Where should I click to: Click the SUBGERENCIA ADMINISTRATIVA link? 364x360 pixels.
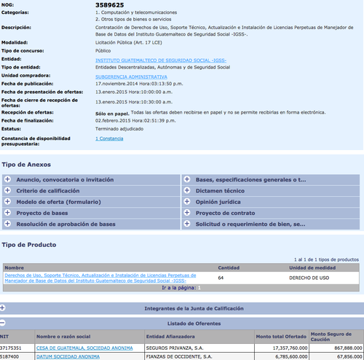[131, 76]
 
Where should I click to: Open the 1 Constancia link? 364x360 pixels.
[109, 138]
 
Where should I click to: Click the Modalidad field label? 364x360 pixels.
[17, 42]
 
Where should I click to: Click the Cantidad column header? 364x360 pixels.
[229, 267]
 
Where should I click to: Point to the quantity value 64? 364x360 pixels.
[221, 278]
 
